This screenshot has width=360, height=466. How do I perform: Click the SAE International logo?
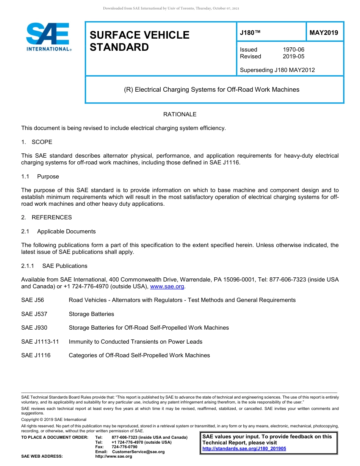(x=48, y=37)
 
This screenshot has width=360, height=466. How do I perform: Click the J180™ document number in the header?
(x=250, y=33)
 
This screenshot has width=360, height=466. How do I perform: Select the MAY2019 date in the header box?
(x=324, y=33)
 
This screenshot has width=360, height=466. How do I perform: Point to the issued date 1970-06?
(x=293, y=50)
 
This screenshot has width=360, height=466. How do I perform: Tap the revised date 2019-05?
(x=293, y=56)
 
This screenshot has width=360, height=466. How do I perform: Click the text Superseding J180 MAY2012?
(x=277, y=70)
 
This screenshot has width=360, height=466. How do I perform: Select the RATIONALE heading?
(x=180, y=114)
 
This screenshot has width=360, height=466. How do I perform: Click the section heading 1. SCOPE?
(x=37, y=142)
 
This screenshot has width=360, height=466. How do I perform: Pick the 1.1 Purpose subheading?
(x=40, y=177)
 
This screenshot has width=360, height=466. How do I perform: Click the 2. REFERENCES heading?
(x=47, y=217)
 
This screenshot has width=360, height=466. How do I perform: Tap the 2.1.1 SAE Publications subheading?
(x=54, y=266)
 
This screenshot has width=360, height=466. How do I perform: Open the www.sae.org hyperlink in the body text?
(x=167, y=287)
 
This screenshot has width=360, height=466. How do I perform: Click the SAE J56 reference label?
(x=33, y=300)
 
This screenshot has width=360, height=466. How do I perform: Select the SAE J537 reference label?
(x=34, y=314)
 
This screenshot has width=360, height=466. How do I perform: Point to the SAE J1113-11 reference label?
(x=40, y=342)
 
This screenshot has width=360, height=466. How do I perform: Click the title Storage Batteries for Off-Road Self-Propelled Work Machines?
(x=149, y=328)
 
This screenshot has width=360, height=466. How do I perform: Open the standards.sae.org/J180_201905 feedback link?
(x=244, y=449)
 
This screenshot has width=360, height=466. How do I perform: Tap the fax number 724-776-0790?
(x=125, y=447)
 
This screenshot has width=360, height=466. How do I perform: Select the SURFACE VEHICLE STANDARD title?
(x=139, y=41)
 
